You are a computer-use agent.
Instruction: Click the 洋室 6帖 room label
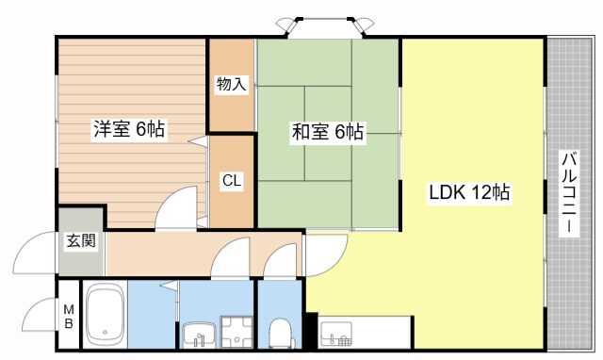point(128,130)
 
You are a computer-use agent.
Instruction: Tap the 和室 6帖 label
point(326,133)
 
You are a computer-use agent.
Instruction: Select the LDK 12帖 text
point(470,193)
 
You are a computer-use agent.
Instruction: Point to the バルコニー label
point(570,195)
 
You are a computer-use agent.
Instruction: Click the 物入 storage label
point(231,85)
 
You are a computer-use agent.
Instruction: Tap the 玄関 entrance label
point(80,240)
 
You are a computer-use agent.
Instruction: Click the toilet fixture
point(280,333)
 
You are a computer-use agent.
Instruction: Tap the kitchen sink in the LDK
point(336,332)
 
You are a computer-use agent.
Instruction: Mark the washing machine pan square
point(230,332)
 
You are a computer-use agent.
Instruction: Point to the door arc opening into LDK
point(325,253)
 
